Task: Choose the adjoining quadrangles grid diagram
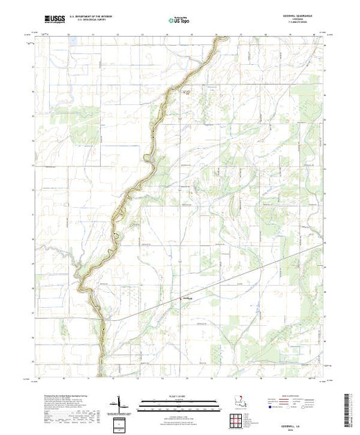click(x=234, y=419)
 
